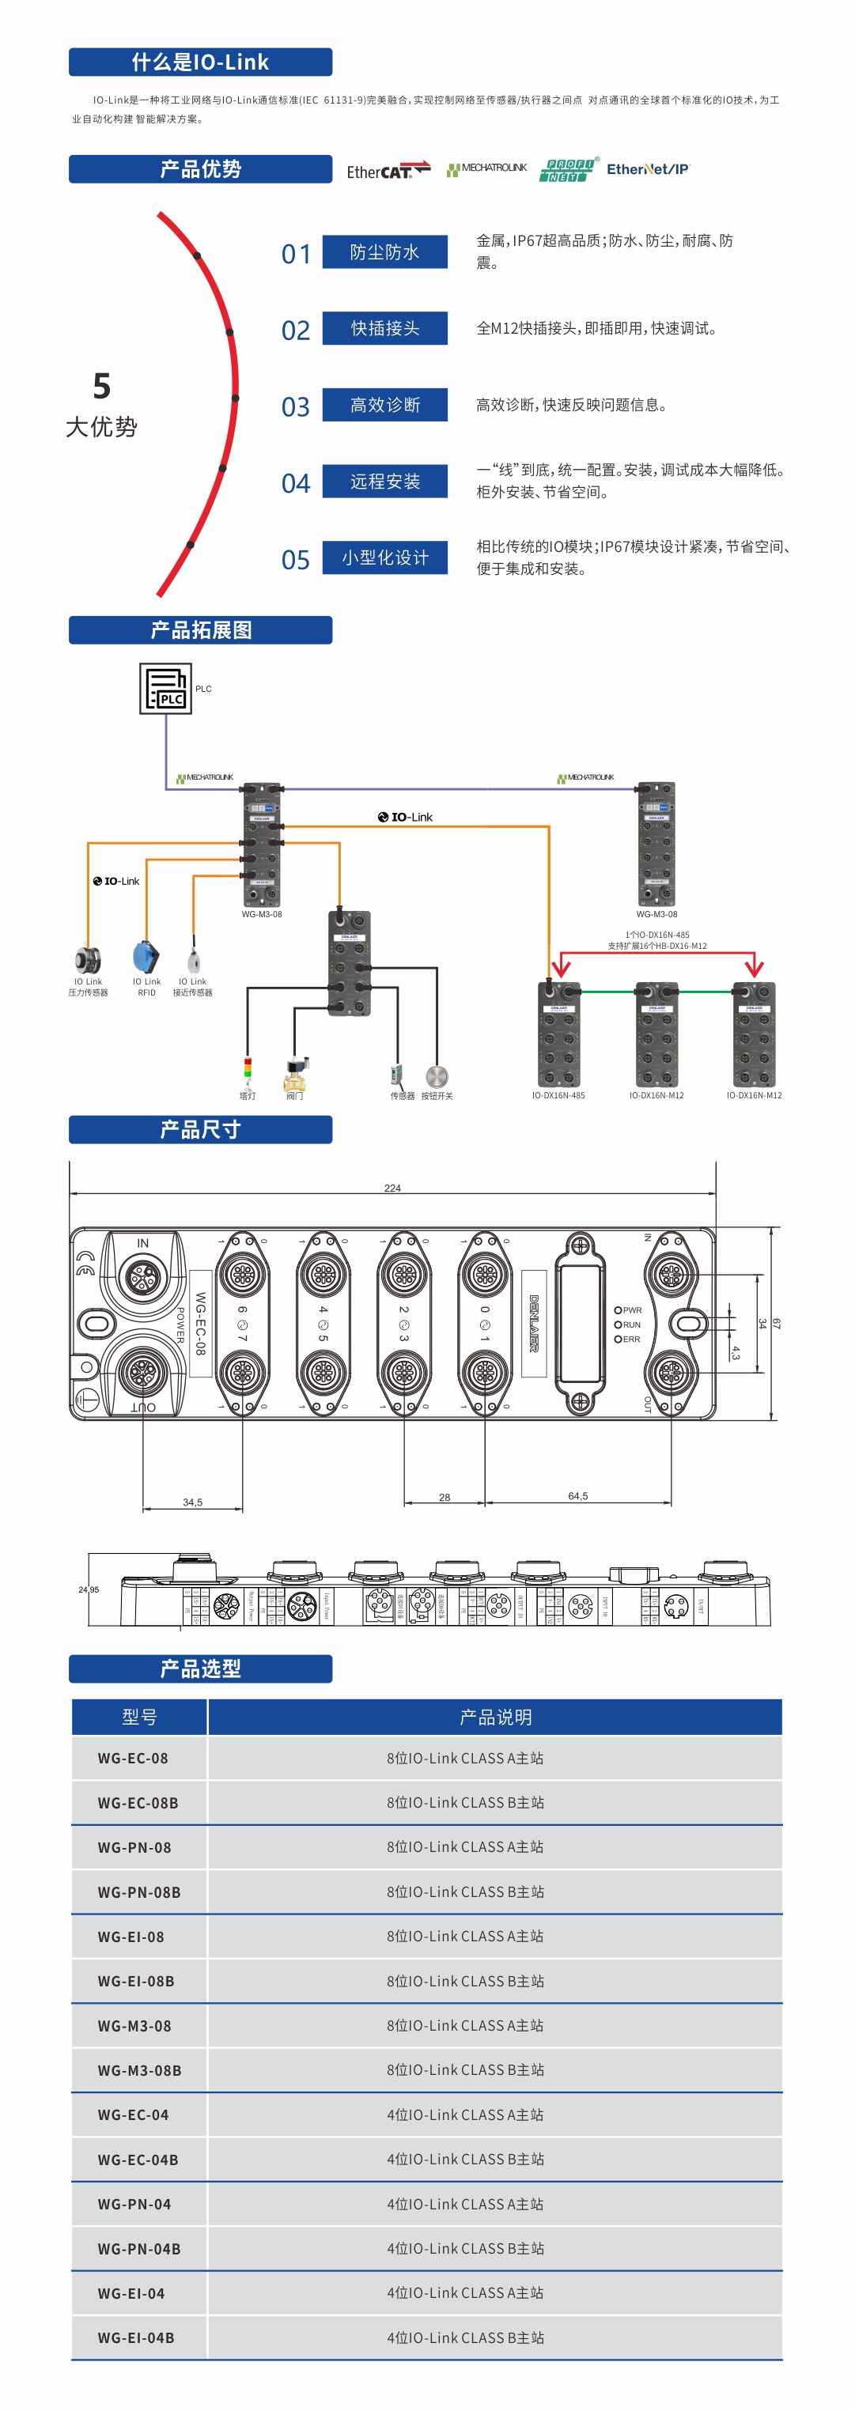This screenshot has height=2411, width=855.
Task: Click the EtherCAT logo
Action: (388, 170)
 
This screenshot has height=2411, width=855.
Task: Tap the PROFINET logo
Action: (568, 169)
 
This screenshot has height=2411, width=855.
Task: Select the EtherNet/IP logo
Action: (647, 169)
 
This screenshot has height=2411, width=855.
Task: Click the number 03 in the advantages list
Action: (296, 407)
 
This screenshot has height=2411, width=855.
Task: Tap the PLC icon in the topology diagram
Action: (166, 689)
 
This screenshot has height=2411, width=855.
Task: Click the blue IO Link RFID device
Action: (146, 958)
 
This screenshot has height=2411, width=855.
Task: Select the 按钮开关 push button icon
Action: (437, 1076)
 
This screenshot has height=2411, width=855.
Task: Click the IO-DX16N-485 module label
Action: (558, 1095)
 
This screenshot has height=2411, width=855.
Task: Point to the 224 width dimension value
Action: (392, 1188)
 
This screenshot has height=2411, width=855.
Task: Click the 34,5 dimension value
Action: (193, 1502)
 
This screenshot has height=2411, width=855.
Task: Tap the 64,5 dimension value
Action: (578, 1495)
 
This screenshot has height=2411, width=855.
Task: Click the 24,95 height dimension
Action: (89, 1589)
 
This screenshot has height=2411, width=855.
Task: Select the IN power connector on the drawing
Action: (143, 1275)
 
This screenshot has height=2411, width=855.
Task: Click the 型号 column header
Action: (139, 1717)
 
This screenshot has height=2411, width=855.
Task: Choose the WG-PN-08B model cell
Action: (139, 1891)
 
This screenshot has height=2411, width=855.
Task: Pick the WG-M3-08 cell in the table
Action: (134, 2025)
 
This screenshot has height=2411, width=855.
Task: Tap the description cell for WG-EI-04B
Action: (465, 2337)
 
